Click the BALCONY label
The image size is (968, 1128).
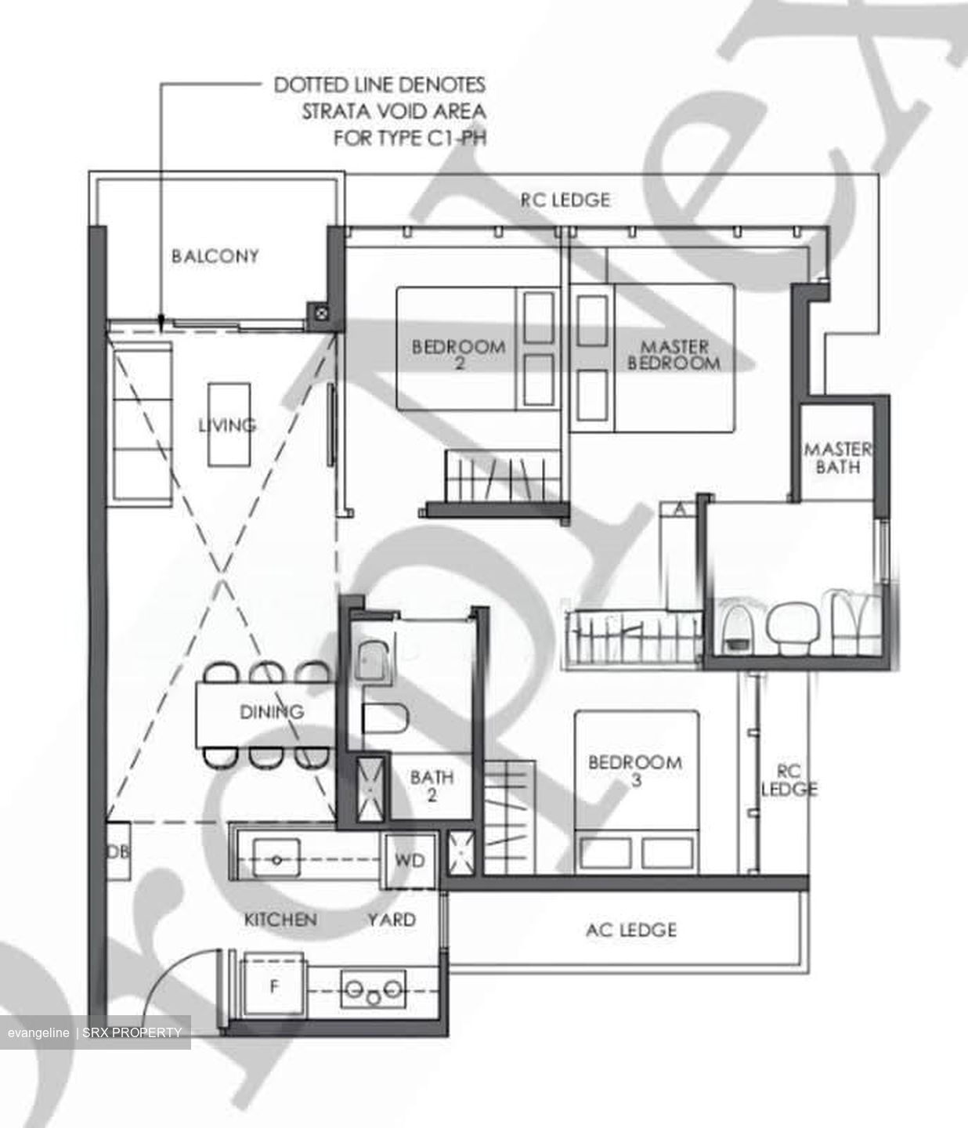[215, 256]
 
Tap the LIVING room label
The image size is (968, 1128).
[227, 425]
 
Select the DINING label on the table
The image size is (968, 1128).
[272, 711]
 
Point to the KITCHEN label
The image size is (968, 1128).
[280, 920]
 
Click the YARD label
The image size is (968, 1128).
[392, 920]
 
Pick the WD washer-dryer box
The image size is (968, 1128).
[410, 861]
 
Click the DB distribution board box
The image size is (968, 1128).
[118, 851]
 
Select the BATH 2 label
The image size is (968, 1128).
[432, 786]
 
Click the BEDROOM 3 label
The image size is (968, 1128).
[635, 771]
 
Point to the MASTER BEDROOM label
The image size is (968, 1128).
[674, 355]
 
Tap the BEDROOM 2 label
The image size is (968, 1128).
[458, 355]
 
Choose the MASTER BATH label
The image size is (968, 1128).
[838, 458]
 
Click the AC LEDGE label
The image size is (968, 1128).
[631, 930]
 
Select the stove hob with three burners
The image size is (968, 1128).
[374, 989]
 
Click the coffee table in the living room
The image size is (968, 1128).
[229, 425]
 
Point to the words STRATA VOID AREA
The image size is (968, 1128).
[394, 112]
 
